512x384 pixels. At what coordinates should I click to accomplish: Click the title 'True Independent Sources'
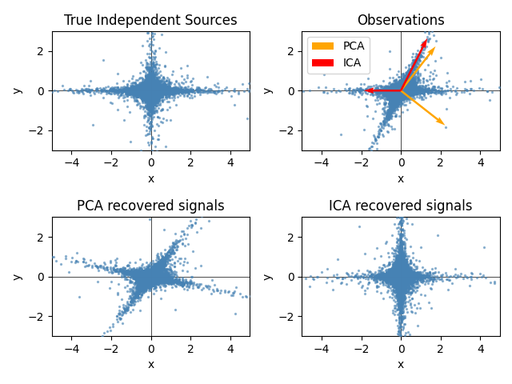click(150, 20)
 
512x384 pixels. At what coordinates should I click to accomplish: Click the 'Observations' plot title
click(401, 20)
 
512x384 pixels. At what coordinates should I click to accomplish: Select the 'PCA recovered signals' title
click(150, 206)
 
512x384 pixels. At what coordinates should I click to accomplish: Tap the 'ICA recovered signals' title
click(401, 206)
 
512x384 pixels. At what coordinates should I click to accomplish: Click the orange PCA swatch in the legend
click(324, 46)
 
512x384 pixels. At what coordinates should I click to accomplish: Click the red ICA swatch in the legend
click(324, 62)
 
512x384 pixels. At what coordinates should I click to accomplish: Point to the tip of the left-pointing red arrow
click(366, 90)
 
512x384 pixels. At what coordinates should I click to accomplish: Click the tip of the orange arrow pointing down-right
click(444, 125)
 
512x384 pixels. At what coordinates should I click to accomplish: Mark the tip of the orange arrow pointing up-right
click(435, 47)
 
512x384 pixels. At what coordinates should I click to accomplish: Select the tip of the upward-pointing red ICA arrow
click(426, 39)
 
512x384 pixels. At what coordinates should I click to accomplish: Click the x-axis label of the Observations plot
click(401, 178)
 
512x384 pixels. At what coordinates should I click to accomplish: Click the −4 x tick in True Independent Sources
click(72, 162)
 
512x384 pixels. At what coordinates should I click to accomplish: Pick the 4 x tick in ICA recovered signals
click(480, 348)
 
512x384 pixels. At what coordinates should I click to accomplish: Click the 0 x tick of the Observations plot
click(401, 162)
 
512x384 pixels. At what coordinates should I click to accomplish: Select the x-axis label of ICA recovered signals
click(401, 364)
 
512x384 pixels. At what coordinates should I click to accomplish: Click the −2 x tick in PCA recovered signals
click(111, 348)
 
